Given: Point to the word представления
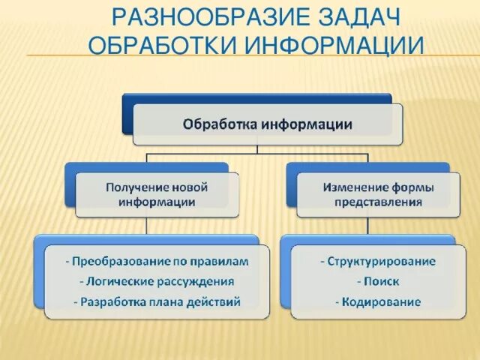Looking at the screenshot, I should (x=379, y=202).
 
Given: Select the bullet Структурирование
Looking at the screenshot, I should (x=377, y=262).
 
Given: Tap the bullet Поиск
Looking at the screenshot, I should (x=377, y=282).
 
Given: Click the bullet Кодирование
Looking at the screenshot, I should (x=377, y=302).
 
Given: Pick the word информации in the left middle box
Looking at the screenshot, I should (x=157, y=202).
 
